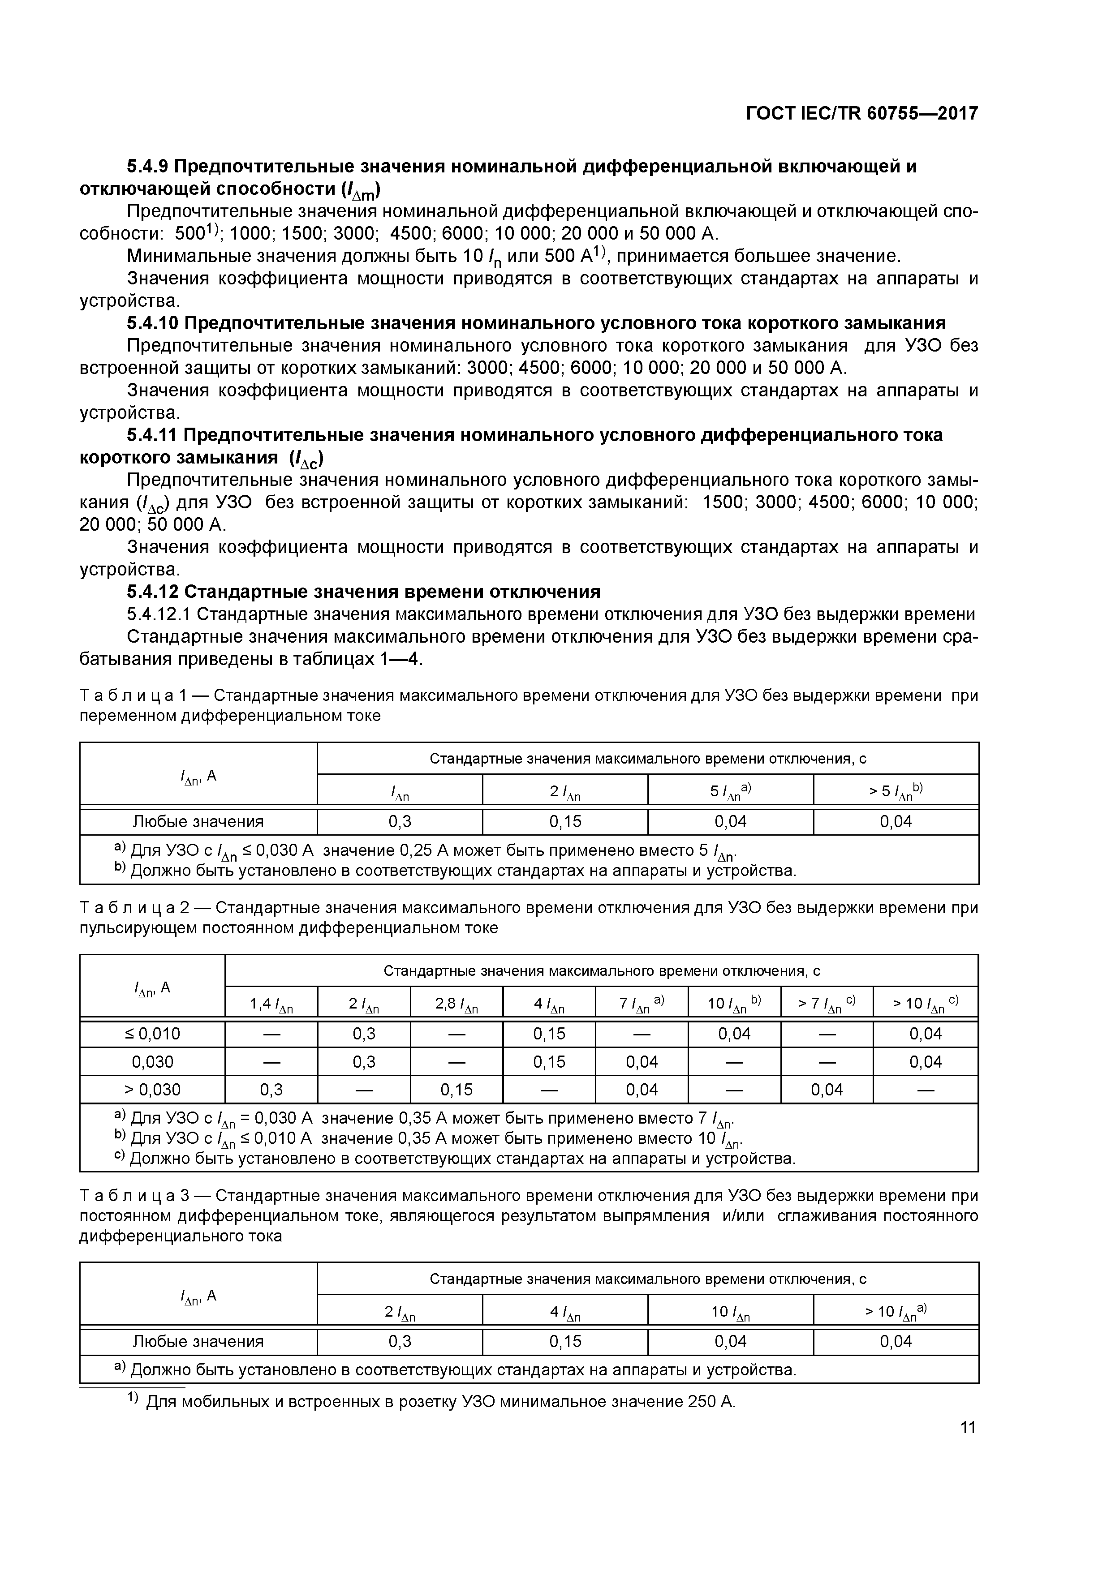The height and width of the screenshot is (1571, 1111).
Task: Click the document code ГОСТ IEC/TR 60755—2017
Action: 861,114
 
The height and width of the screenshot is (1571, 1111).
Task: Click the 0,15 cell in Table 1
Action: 565,821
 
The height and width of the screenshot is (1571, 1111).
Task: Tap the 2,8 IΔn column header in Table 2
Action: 456,1004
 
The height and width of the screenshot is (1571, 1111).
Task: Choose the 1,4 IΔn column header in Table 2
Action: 271,1004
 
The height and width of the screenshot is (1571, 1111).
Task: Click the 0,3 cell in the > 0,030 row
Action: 271,1089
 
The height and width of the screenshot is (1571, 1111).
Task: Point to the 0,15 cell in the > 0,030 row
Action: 456,1089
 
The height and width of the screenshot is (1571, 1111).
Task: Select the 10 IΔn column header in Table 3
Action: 730,1311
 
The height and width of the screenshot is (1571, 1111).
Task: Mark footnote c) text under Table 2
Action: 462,1159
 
